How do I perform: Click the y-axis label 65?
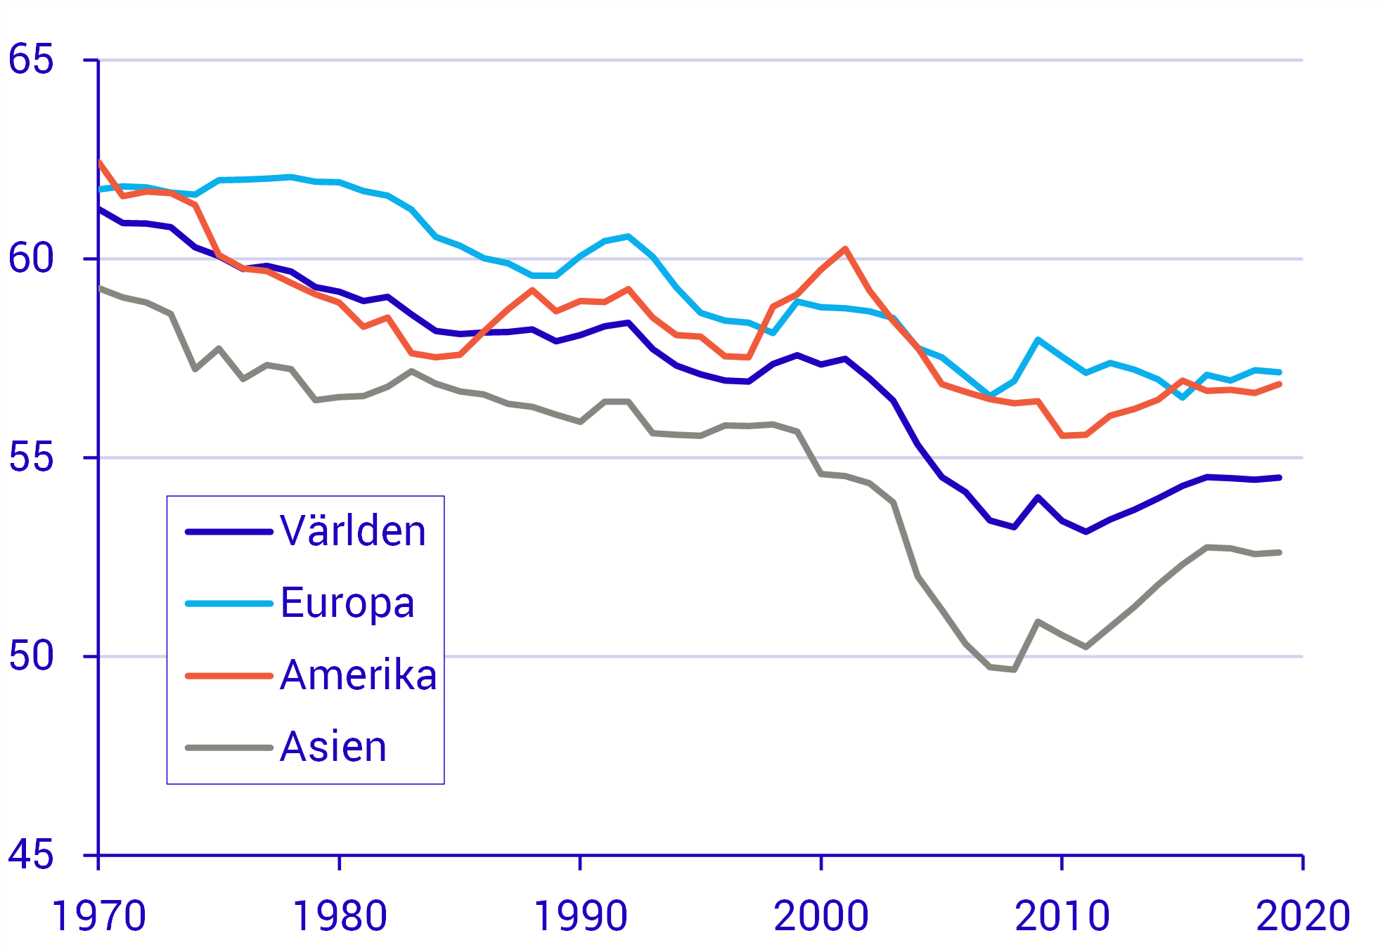tap(31, 59)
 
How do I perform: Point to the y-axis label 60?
tap(31, 258)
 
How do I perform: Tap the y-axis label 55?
tap(31, 457)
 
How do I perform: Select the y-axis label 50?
tap(31, 656)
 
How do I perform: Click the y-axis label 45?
tap(31, 855)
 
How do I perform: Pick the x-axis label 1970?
tap(98, 916)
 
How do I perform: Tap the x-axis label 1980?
tap(340, 916)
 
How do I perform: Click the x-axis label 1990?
tap(580, 916)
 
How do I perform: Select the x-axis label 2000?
tap(821, 916)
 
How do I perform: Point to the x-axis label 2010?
tap(1062, 916)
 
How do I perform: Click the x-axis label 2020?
tap(1303, 916)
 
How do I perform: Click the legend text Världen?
tap(353, 531)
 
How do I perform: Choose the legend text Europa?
tap(347, 603)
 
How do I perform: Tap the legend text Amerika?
tap(359, 675)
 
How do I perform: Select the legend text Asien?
tap(333, 747)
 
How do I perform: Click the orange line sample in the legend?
tap(228, 676)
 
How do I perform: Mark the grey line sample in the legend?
tap(228, 748)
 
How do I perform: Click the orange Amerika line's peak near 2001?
tap(845, 249)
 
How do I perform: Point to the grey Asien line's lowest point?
tap(1014, 670)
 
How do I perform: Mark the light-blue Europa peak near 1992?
tap(628, 236)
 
